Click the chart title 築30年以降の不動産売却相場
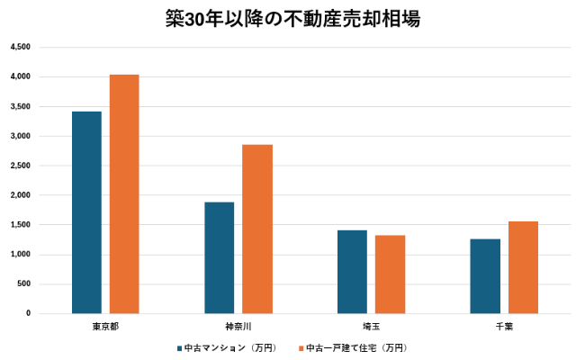[292, 18]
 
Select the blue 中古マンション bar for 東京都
[86, 212]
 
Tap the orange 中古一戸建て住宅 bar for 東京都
[124, 193]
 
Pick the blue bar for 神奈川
[219, 257]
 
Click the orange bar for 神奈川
[256, 229]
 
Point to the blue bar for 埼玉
[352, 272]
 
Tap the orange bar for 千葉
[523, 267]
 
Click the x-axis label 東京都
[105, 325]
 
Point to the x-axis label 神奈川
[238, 325]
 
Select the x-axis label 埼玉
[371, 325]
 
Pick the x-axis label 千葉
[504, 325]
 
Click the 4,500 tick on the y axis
[20, 48]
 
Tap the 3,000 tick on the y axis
[20, 136]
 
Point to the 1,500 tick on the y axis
[20, 225]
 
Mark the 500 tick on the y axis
[23, 283]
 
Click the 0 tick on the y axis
[28, 313]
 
